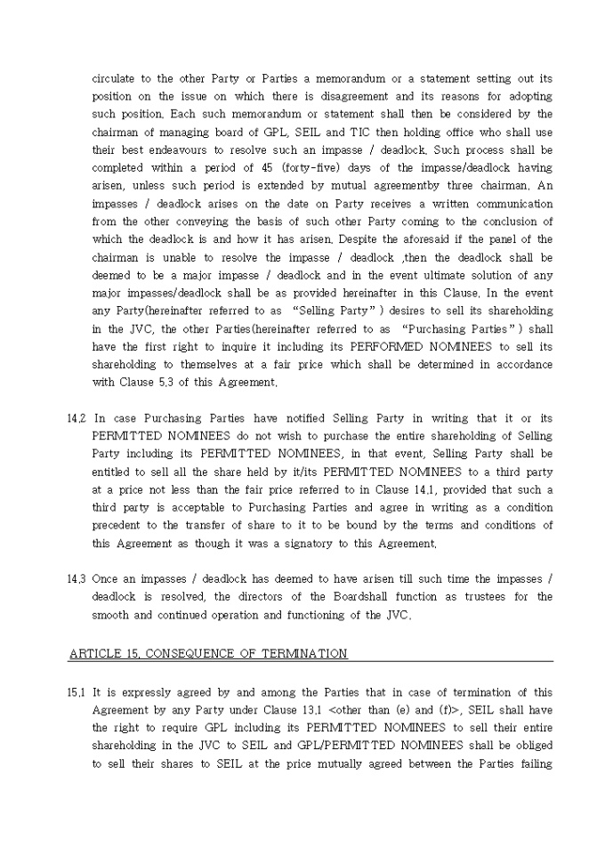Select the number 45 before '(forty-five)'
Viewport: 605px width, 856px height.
(283, 167)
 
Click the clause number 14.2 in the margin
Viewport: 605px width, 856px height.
(76, 418)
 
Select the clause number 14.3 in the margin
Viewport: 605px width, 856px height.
(76, 578)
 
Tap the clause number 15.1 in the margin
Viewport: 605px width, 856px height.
(76, 692)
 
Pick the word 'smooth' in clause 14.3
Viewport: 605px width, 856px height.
(111, 614)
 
